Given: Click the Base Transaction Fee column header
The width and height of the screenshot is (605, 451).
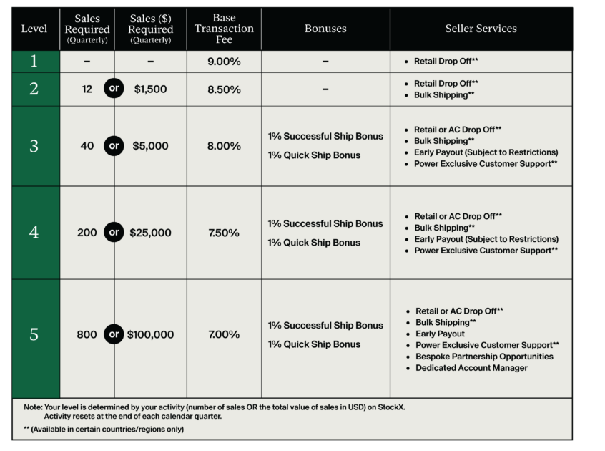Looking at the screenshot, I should (x=224, y=29).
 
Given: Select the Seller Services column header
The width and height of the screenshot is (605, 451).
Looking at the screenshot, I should (x=481, y=29).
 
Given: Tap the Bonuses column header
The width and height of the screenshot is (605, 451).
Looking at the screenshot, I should (x=325, y=29).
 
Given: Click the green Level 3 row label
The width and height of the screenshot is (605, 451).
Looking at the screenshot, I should (x=34, y=146).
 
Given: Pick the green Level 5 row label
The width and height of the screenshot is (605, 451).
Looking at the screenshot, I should (x=34, y=334).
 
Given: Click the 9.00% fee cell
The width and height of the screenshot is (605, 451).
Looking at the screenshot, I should (x=224, y=62).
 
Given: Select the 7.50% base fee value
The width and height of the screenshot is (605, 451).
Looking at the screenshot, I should (x=224, y=233).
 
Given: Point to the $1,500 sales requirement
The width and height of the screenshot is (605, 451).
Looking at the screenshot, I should (x=151, y=89).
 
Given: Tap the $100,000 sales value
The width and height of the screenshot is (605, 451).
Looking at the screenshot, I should (x=151, y=334).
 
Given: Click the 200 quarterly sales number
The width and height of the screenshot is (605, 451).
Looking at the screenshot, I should (x=87, y=233).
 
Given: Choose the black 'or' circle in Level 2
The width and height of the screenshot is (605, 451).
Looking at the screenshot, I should (x=114, y=89).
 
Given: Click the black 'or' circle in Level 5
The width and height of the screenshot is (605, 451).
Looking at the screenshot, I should (x=114, y=334).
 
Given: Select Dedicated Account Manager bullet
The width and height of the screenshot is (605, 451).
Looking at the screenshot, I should (x=471, y=368).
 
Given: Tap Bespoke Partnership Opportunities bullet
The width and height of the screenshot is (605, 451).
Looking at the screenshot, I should (x=484, y=357).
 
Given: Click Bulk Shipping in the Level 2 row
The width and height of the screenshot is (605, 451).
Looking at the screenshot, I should (x=444, y=95).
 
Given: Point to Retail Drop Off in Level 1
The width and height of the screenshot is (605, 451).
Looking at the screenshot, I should (x=446, y=62).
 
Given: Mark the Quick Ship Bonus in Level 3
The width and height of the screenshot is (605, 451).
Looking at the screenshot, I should (x=314, y=155).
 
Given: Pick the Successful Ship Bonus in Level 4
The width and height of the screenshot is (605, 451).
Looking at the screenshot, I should (x=325, y=223).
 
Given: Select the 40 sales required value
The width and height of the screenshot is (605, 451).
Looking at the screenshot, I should (x=87, y=146).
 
